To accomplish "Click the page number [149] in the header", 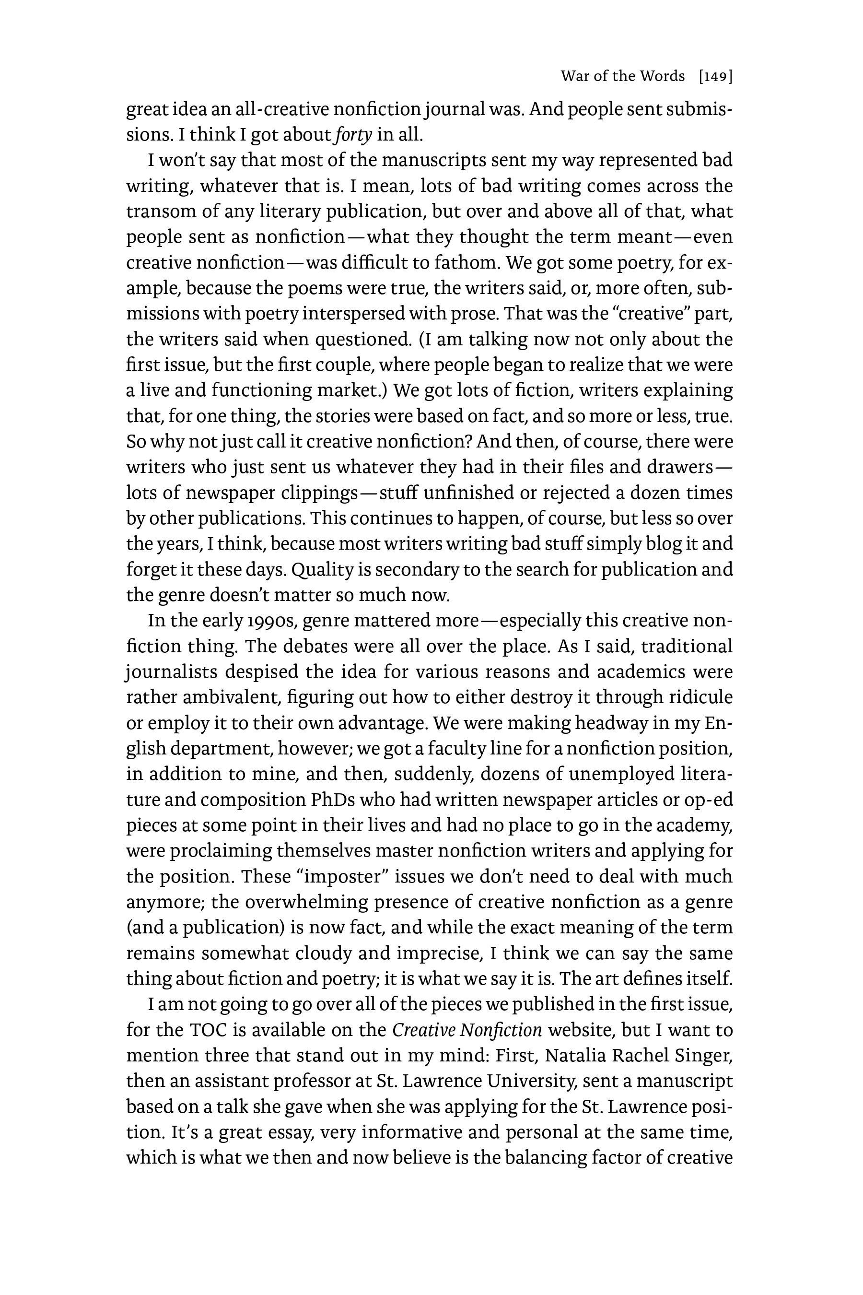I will pos(715,77).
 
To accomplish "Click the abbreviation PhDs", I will pos(336,800).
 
